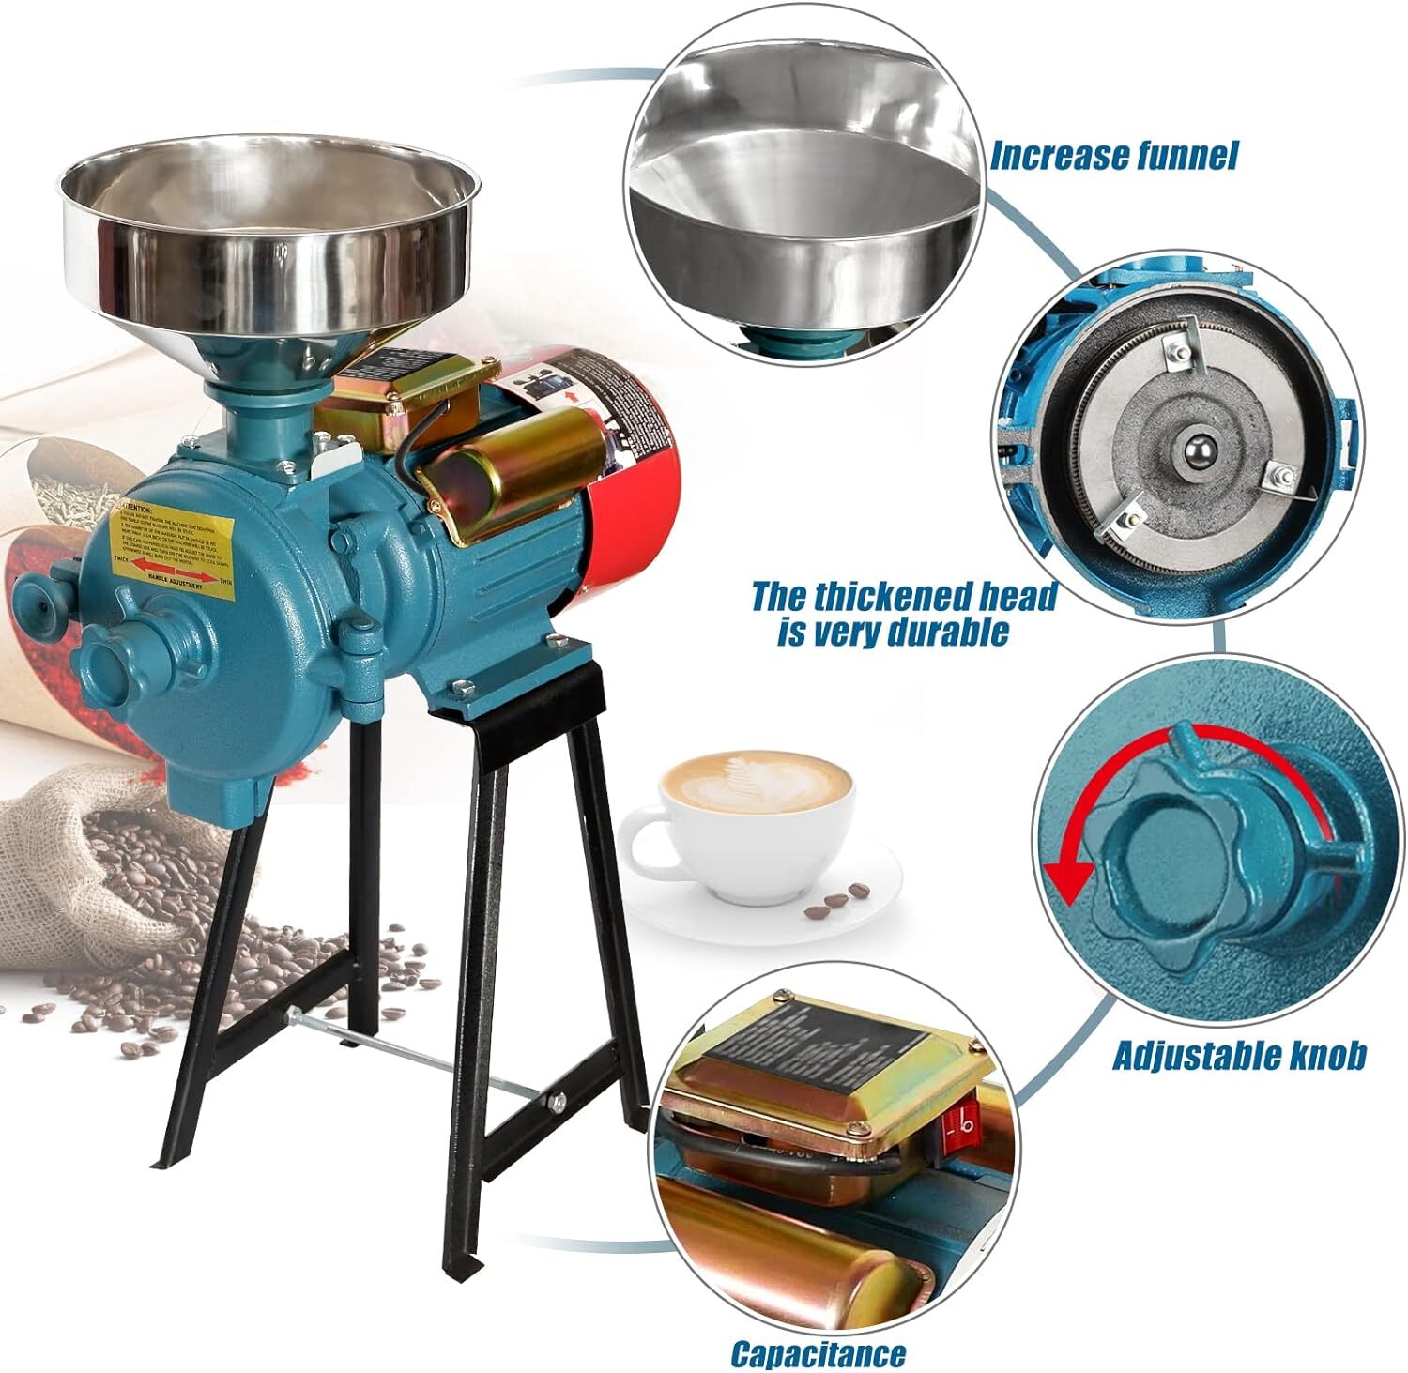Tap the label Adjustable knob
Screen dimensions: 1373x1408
coord(1238,1055)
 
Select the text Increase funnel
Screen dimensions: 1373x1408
coord(1113,155)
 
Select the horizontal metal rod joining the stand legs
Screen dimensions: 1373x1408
coord(413,1050)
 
